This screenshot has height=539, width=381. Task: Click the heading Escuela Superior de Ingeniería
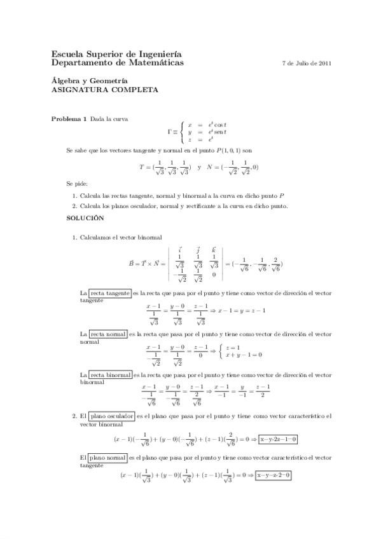tap(116, 55)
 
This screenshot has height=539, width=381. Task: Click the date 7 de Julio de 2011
tap(305, 64)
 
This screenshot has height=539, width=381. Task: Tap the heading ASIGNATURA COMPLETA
tap(104, 90)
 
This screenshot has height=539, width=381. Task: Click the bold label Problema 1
tap(69, 119)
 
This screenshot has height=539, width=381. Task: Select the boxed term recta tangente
tap(109, 293)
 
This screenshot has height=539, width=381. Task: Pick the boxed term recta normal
tap(107, 333)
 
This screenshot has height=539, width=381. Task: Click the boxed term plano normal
tap(107, 457)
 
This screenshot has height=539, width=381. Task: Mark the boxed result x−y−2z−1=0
tap(278, 439)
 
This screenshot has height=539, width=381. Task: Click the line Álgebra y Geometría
tap(89, 81)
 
